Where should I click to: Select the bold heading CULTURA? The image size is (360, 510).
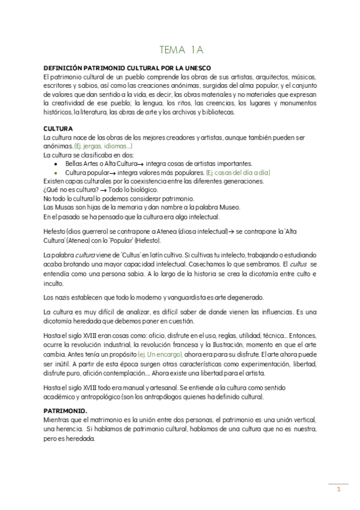58,129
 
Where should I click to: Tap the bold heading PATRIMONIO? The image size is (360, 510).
66,411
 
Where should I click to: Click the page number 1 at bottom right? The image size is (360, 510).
338,489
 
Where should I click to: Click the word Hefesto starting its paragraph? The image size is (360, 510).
55,232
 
